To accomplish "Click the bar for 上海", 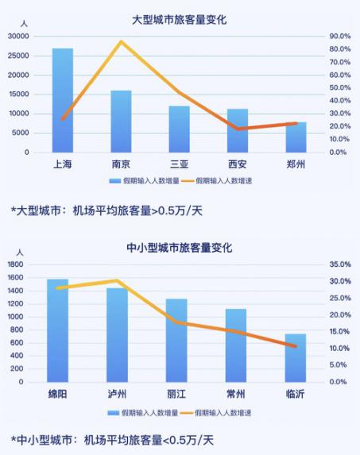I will point(63,100).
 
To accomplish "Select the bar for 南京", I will point(121,121).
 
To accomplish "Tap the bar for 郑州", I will point(296,137).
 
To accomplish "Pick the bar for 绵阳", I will point(57,330).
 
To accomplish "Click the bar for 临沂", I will point(296,357).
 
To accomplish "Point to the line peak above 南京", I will point(121,41).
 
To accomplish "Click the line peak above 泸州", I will point(117,280).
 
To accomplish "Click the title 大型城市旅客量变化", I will point(179,19).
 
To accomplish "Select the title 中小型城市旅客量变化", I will point(179,248).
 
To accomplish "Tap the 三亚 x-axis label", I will point(179,165).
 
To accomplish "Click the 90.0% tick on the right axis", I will point(339,37).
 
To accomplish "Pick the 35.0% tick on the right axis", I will point(339,264).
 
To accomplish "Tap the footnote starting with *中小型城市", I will point(112,439).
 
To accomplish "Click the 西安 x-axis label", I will point(237,165).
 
